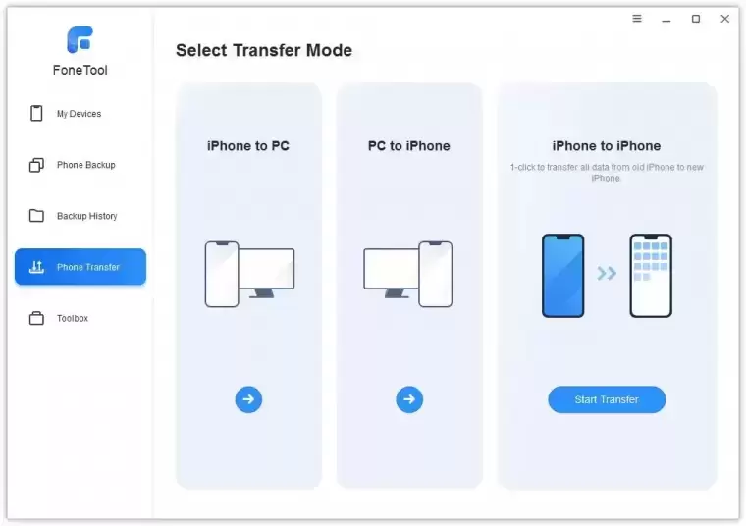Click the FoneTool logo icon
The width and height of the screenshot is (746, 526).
tap(80, 39)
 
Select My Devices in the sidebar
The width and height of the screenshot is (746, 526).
tap(79, 114)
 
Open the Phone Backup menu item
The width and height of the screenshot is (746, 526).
tap(84, 165)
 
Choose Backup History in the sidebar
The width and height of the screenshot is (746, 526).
tap(86, 216)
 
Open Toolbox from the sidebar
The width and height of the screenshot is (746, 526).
tap(72, 318)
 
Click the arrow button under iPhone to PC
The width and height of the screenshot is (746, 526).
tap(248, 399)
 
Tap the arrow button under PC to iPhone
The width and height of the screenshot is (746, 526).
tap(409, 399)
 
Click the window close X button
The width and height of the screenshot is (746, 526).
tap(724, 19)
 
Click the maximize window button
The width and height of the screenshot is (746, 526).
tap(695, 19)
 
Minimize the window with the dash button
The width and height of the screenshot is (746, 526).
tap(666, 19)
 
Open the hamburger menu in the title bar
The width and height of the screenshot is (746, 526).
tap(636, 19)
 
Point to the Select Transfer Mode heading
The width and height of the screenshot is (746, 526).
tap(263, 51)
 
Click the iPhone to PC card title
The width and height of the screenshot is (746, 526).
tap(248, 146)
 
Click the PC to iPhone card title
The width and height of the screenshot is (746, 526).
tap(409, 146)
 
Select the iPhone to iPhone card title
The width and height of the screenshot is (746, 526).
tap(607, 146)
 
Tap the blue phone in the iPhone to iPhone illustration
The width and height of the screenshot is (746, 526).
tap(562, 276)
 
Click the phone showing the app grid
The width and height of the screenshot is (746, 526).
tap(651, 276)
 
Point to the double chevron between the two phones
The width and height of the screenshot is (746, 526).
tap(607, 273)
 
